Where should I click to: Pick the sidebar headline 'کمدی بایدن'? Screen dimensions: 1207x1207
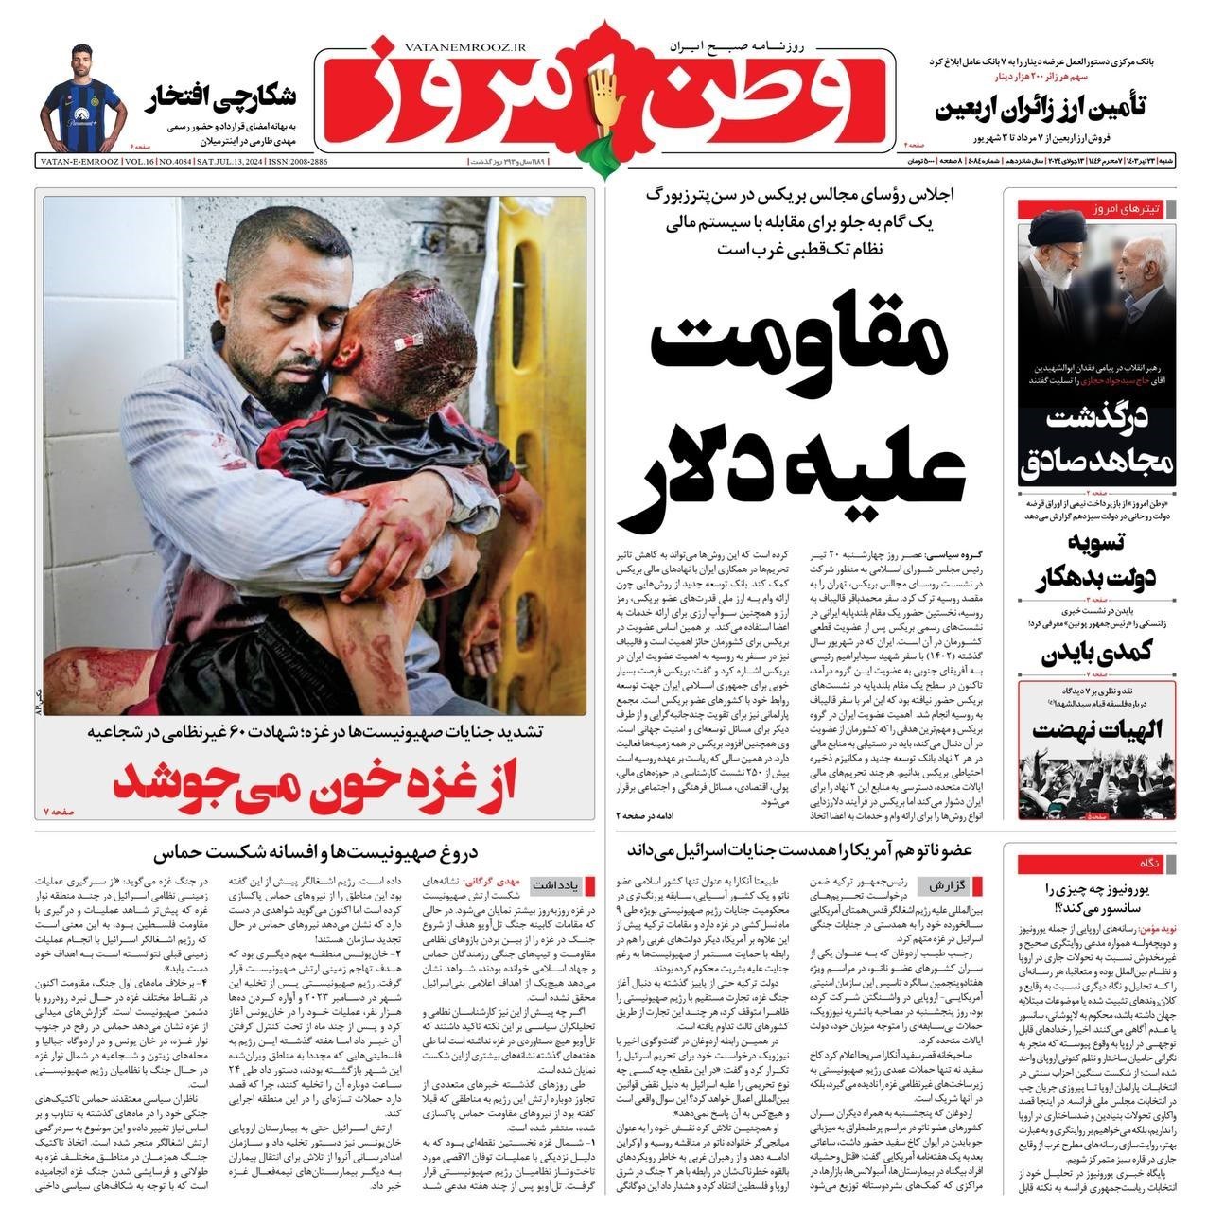coord(1110,655)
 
